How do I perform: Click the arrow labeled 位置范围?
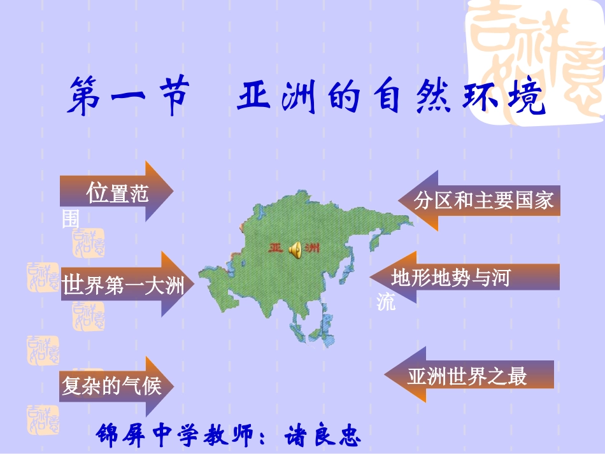pyautogui.click(x=118, y=191)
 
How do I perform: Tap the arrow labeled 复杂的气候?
pyautogui.click(x=115, y=385)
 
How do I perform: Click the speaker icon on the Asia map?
pyautogui.click(x=295, y=250)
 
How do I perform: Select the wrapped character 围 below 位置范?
pyautogui.click(x=70, y=219)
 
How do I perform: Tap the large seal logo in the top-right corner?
pyautogui.click(x=535, y=57)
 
